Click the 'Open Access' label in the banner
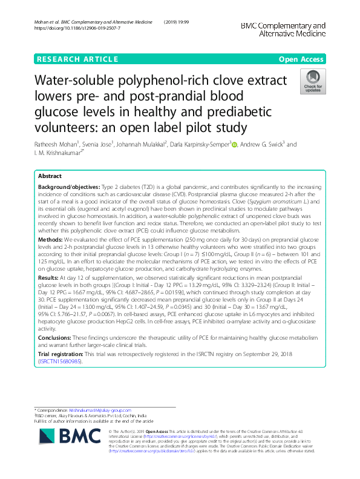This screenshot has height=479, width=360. (302, 59)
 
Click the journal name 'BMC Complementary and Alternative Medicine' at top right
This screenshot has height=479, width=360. (283, 30)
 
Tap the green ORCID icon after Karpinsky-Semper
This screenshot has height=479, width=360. (234, 145)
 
